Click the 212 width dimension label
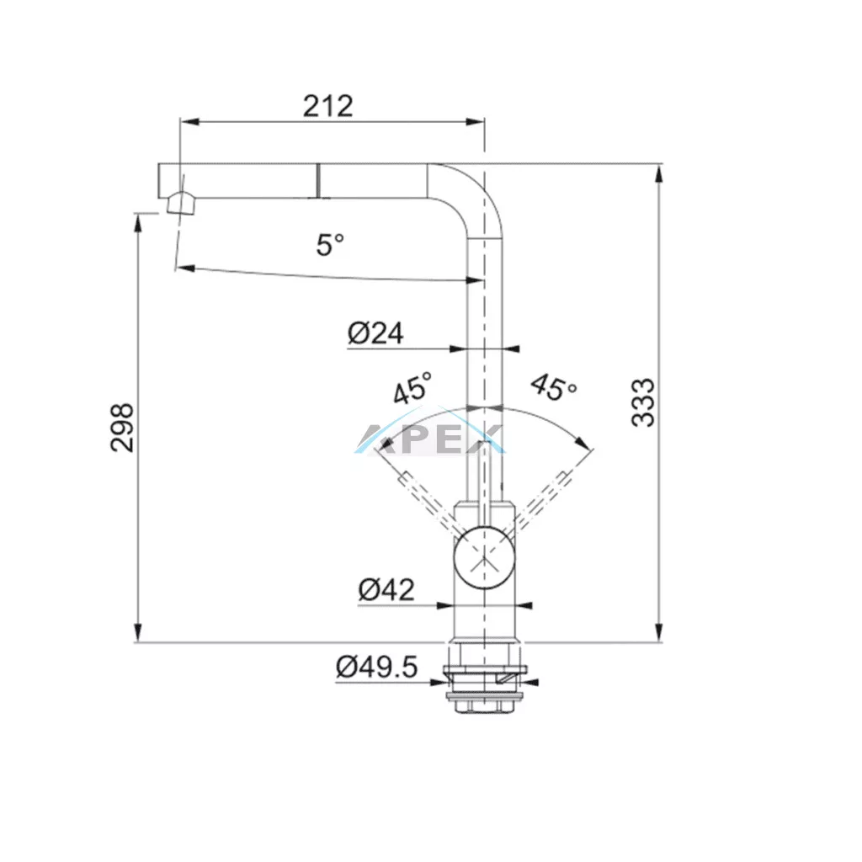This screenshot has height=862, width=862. (x=327, y=106)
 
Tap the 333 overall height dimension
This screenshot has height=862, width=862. (x=643, y=403)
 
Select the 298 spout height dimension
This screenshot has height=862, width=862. (x=121, y=428)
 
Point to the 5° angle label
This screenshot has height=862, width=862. (x=330, y=245)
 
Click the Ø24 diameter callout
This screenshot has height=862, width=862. (x=375, y=333)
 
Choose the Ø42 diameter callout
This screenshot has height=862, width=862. (x=386, y=590)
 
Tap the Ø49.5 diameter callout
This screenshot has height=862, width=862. (x=376, y=668)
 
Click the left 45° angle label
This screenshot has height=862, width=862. (x=412, y=388)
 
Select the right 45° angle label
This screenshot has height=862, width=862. (x=554, y=387)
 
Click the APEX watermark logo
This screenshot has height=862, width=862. (x=429, y=438)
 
